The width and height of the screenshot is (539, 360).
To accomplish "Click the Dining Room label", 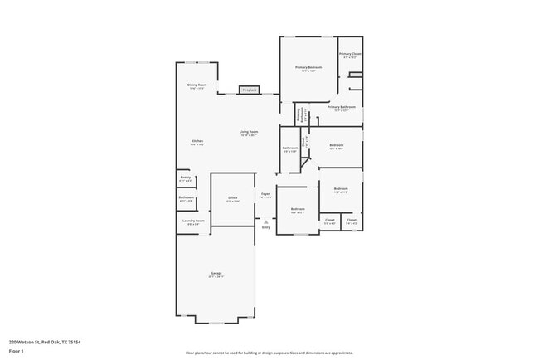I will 197,85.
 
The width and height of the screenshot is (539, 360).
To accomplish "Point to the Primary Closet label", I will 350,55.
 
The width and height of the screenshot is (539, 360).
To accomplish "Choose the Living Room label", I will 249,133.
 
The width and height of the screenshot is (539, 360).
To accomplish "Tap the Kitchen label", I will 197,142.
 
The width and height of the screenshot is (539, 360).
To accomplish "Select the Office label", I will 233,198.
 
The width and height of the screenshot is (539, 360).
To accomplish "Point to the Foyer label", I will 265,196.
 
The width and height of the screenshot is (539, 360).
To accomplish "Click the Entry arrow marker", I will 265,221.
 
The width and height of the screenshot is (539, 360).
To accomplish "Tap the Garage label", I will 216,274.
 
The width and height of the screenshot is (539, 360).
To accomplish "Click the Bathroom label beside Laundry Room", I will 187,198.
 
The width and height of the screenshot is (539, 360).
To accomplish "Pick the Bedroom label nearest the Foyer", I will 298,210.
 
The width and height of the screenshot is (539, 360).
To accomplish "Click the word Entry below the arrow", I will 265,227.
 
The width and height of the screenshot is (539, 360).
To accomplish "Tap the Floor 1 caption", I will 15,351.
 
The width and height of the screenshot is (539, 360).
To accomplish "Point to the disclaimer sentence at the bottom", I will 269,353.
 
